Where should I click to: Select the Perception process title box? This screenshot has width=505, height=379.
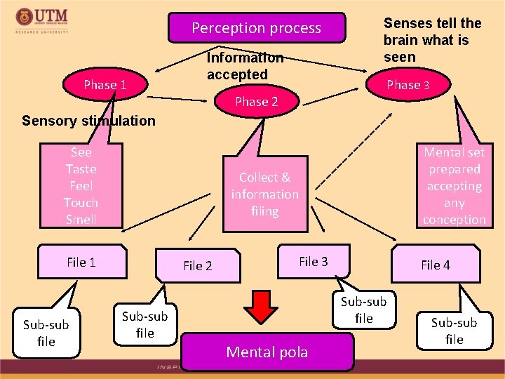(x=257, y=28)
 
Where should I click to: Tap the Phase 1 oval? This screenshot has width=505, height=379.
(x=105, y=85)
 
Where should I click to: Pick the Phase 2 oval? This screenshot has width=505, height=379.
(x=256, y=102)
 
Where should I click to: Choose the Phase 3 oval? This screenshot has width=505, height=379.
(x=408, y=85)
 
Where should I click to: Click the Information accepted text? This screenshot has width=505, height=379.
(x=245, y=66)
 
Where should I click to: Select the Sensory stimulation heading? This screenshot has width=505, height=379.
(x=88, y=120)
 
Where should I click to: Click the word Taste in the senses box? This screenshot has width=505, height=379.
(x=81, y=169)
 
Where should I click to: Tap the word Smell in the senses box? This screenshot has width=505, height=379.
(x=81, y=219)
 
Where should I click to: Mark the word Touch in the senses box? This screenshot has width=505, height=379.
(x=81, y=202)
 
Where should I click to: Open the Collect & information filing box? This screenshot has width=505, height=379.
(x=264, y=194)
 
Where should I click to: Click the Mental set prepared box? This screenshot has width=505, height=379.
(x=454, y=186)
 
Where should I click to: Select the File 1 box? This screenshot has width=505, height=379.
(x=82, y=262)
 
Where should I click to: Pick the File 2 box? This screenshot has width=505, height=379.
(x=198, y=265)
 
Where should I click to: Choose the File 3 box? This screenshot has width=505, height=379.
(x=314, y=262)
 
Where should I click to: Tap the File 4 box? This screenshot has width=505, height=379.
(x=436, y=265)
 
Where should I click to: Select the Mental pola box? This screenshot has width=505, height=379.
(x=267, y=352)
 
